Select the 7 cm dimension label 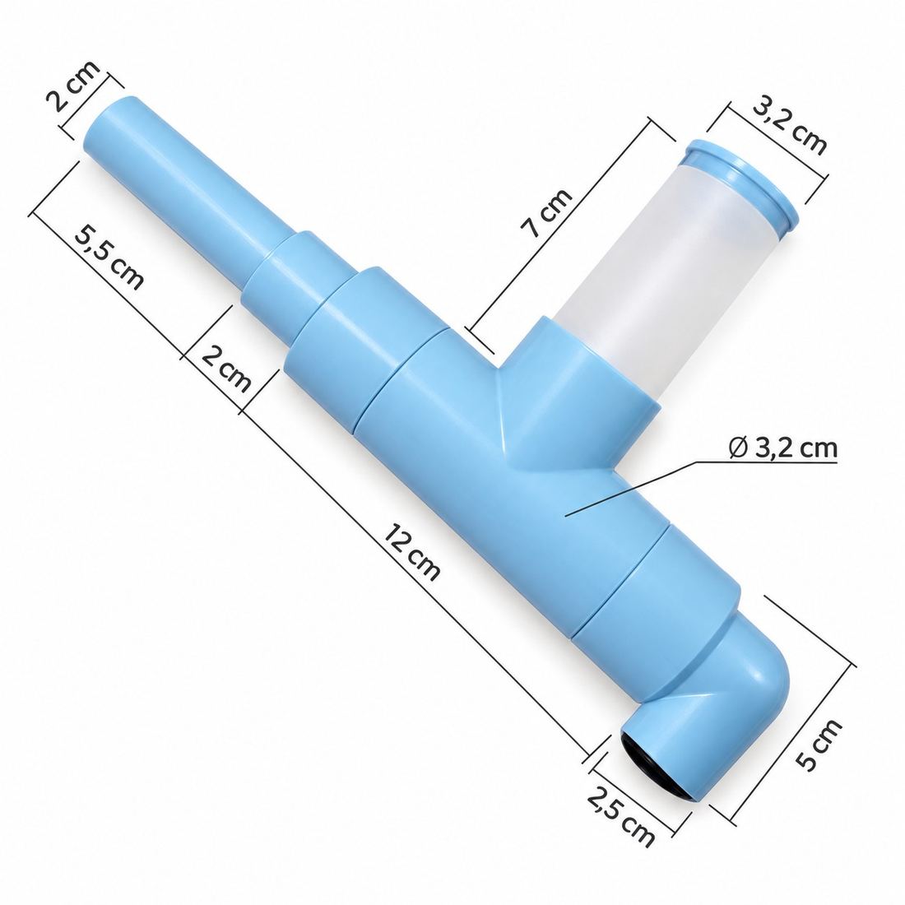click(x=546, y=212)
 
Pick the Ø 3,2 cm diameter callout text click(x=782, y=448)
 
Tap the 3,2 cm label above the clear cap click(x=789, y=127)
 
